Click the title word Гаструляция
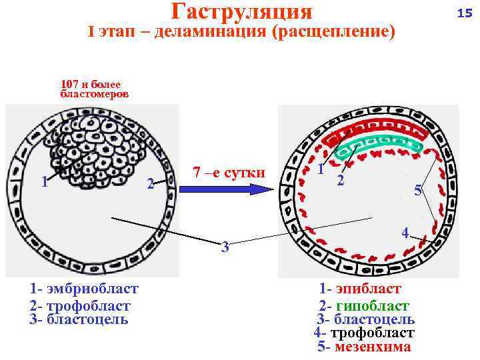241,11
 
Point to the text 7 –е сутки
229,173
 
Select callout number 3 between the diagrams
225,247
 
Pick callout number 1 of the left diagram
44,181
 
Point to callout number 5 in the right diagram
417,191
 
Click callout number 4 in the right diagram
405,233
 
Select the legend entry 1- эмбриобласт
84,289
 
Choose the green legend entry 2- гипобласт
364,306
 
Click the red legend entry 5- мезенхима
365,347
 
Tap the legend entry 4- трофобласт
364,333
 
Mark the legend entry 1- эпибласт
360,289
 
